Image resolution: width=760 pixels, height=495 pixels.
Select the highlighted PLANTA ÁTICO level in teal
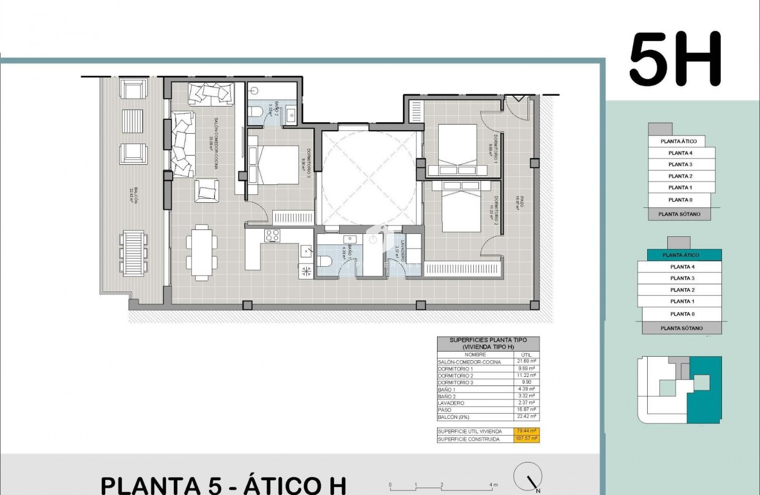(680, 255)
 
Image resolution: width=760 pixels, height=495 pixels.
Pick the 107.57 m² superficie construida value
(526, 439)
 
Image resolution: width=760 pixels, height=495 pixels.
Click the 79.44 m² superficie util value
(526, 432)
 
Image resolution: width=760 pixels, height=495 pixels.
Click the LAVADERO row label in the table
(451, 403)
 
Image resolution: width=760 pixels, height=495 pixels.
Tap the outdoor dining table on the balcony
(134, 253)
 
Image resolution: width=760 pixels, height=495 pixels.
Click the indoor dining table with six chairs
(202, 252)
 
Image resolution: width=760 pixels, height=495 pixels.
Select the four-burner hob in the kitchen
(271, 236)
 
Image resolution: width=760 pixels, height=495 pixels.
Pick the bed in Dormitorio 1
(458, 148)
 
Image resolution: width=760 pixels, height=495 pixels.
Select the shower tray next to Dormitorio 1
(415, 110)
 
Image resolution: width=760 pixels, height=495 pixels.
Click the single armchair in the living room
(207, 191)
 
